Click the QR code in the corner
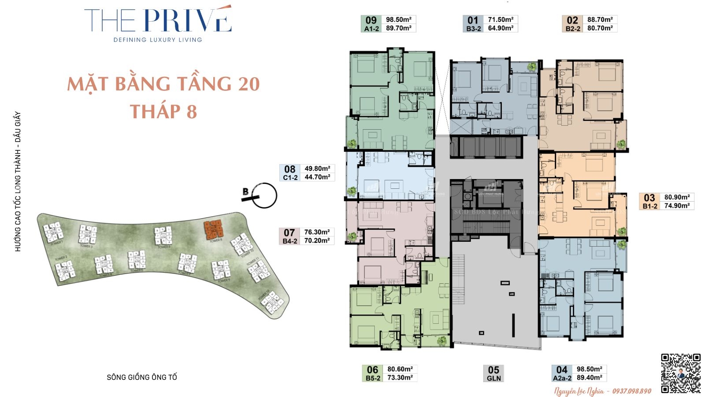click(x=681, y=373)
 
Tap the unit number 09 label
click(x=371, y=20)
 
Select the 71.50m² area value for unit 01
click(x=501, y=19)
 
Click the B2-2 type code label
click(x=573, y=29)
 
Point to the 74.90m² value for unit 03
click(x=677, y=206)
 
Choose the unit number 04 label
click(x=562, y=370)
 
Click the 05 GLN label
click(x=493, y=374)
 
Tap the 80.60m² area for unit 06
click(x=400, y=369)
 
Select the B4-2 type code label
click(x=290, y=241)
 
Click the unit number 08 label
click(x=289, y=169)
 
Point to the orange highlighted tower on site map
click(x=214, y=229)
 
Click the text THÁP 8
click(x=163, y=112)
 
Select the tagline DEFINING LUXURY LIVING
click(x=158, y=40)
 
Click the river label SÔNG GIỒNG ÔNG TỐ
click(x=142, y=377)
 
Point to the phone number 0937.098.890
click(x=631, y=391)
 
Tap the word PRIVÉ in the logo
click(x=187, y=21)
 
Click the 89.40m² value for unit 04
click(x=589, y=378)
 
